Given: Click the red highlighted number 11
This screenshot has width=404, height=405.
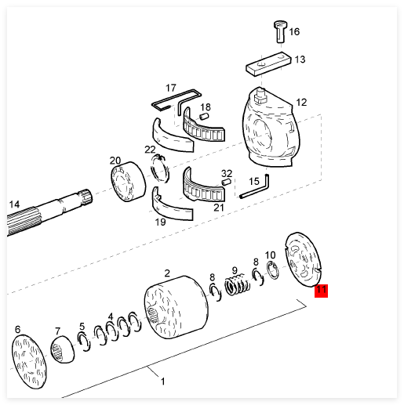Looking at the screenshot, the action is [321, 291].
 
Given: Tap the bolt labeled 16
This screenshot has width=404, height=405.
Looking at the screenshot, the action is [280, 32].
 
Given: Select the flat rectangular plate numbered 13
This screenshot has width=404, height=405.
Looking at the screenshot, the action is [268, 64].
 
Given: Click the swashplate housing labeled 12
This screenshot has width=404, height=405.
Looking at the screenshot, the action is [271, 128].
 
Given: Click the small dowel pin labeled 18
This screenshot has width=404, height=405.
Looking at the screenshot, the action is [205, 116].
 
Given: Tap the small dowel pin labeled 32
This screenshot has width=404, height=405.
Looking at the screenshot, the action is [226, 182].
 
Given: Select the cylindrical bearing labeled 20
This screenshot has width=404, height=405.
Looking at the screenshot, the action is [128, 182].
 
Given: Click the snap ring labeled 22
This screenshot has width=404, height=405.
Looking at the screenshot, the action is [160, 168].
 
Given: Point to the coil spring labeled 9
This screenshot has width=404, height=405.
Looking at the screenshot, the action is [238, 284].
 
